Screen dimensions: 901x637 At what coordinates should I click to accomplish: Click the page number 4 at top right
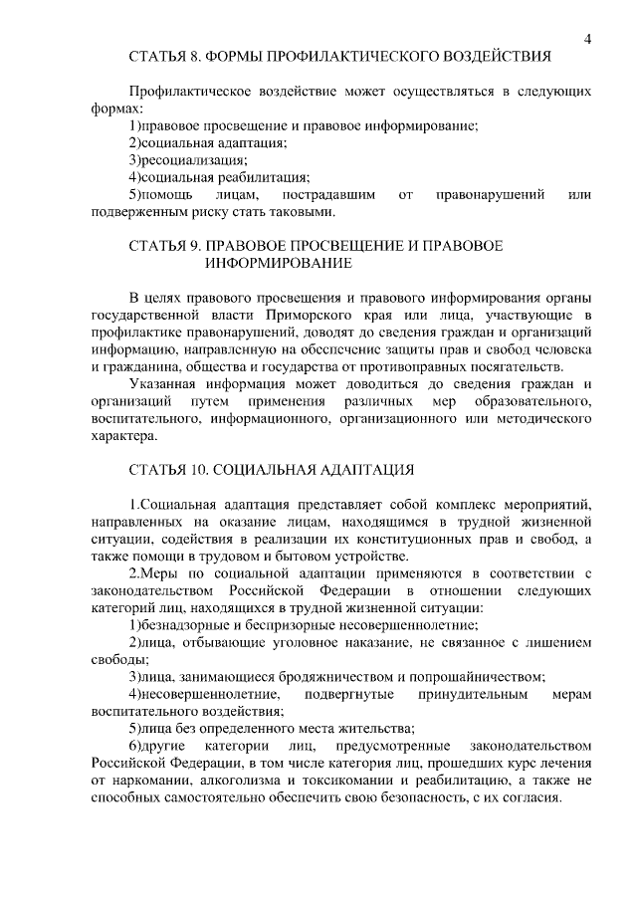(x=588, y=39)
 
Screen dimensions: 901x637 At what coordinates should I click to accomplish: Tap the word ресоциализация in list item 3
(x=194, y=160)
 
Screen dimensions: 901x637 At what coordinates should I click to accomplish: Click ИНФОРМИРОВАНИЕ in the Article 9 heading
(x=278, y=264)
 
